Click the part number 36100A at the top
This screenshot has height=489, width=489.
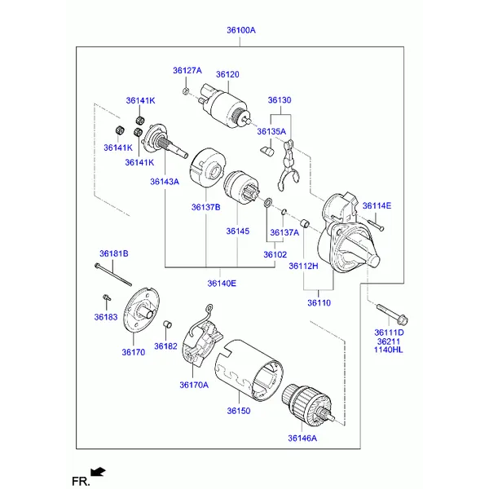pos(240,30)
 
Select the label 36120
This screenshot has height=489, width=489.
pos(227,74)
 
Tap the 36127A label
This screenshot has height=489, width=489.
pos(187,70)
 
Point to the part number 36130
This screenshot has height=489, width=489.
pos(279,100)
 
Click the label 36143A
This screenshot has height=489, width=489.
pos(164,182)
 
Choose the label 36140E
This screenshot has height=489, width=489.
pos(221,284)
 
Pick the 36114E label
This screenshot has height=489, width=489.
pos(377,205)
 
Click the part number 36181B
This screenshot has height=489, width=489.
pos(114,254)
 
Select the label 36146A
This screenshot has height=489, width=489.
pos(302,438)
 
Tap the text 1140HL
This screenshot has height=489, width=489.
pos(389,350)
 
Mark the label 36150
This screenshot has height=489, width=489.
pos(238,412)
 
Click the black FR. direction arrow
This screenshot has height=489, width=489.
pos(99,472)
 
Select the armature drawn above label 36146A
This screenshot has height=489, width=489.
pos(308,404)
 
